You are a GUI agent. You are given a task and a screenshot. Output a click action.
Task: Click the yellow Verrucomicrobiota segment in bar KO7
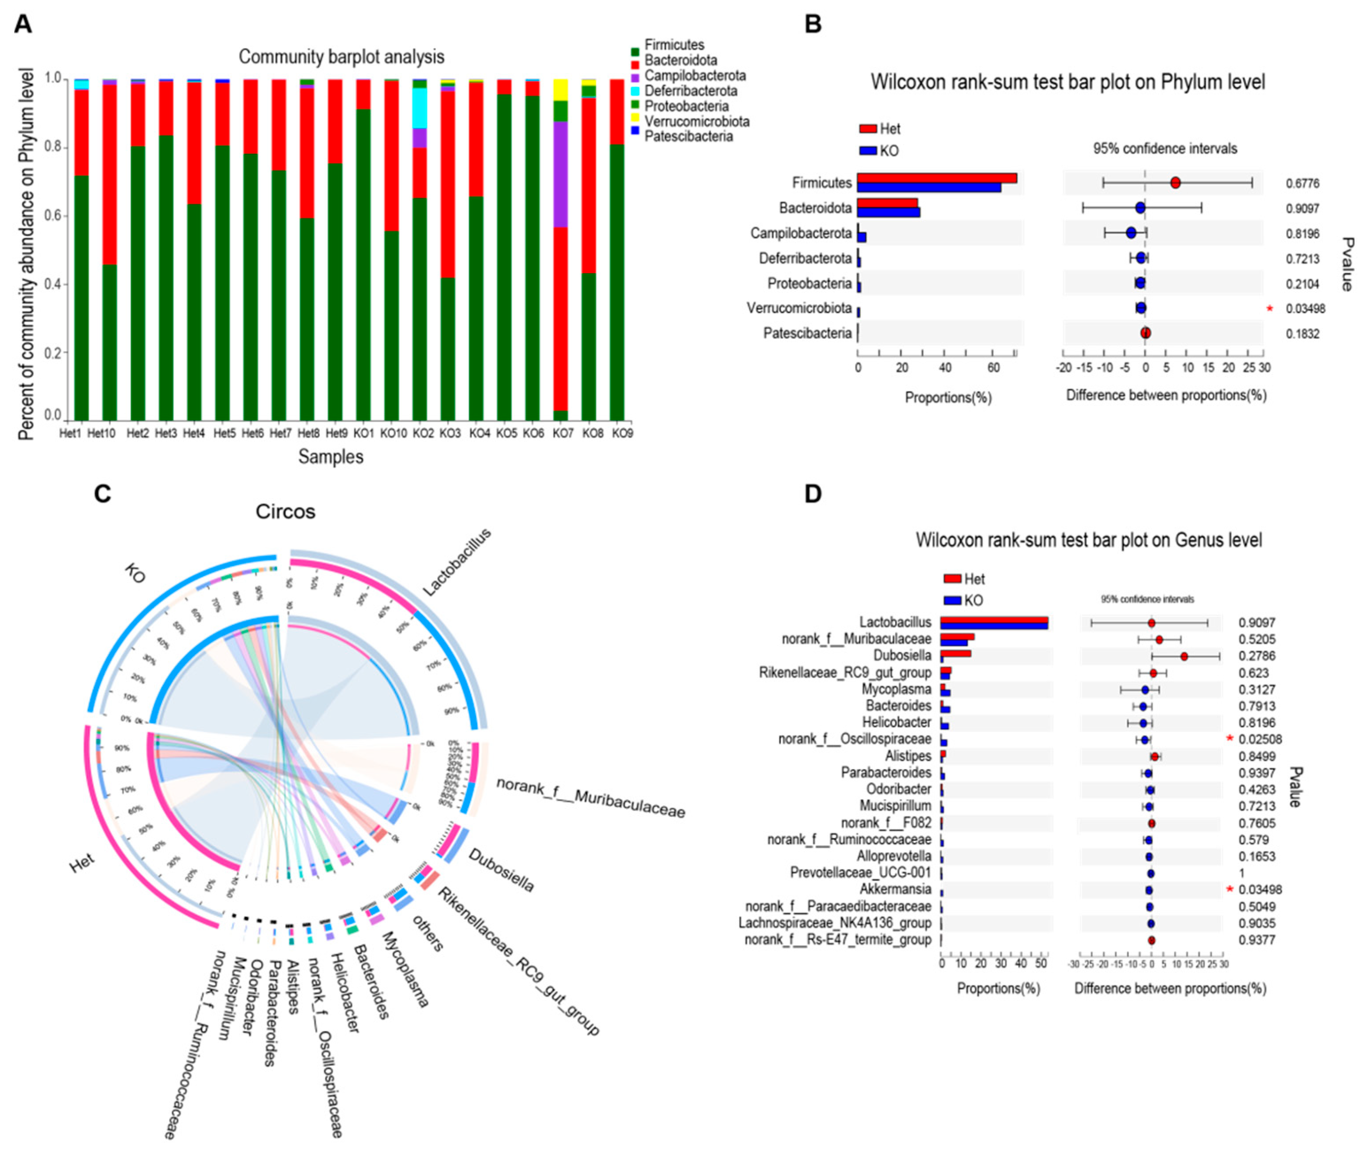point(560,90)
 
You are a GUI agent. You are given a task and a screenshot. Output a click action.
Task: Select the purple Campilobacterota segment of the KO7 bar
point(560,174)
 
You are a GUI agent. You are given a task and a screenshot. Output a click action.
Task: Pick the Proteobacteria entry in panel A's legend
point(686,106)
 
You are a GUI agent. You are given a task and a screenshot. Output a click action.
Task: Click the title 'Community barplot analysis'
point(341,57)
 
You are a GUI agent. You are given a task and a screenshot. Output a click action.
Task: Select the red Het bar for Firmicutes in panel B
point(936,178)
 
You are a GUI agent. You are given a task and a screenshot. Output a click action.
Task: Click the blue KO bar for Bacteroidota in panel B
point(888,212)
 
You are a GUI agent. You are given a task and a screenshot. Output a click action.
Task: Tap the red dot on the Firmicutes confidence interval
point(1175,183)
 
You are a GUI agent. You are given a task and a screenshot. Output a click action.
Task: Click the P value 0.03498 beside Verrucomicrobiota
point(1305,309)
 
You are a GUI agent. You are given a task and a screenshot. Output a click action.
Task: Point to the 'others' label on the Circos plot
point(429,933)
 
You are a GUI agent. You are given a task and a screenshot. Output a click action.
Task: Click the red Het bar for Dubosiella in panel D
point(956,653)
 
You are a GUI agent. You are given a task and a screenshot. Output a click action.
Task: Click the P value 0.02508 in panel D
point(1260,739)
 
